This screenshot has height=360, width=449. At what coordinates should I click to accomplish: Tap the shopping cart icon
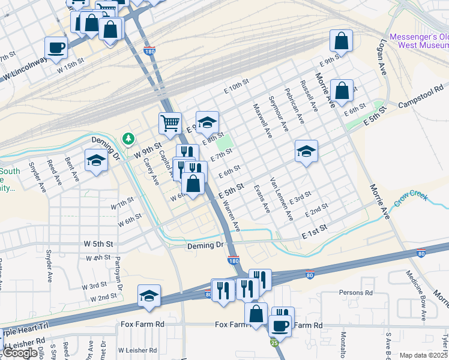coord(170,123)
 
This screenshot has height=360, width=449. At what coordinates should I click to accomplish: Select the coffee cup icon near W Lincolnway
coord(56,47)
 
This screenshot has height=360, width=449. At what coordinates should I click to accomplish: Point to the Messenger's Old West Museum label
coord(419,41)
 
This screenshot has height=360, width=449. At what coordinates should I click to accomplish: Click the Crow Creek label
coord(412,197)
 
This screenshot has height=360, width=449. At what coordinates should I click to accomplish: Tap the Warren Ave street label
coord(232,217)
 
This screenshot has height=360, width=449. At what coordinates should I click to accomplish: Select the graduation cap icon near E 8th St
coord(207,122)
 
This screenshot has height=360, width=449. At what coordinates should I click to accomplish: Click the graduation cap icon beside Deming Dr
coord(95,160)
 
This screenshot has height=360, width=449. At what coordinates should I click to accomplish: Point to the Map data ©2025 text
coord(423,355)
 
